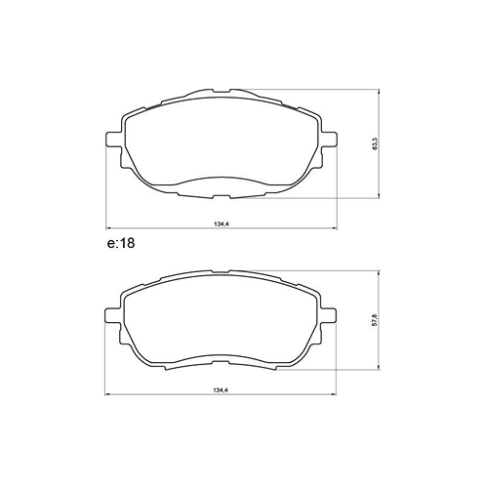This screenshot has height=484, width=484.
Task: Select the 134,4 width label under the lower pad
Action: (220, 390)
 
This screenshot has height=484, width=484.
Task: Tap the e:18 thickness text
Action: (120, 244)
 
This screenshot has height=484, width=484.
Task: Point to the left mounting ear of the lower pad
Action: (108, 315)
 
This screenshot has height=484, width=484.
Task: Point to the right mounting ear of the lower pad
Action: (332, 315)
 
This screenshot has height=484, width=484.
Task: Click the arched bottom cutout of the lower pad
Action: (220, 357)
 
